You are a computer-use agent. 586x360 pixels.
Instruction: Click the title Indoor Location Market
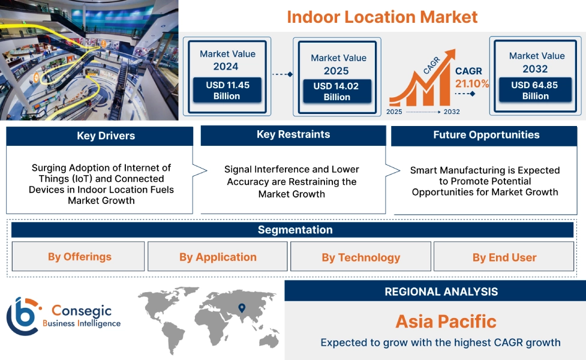tap(382, 16)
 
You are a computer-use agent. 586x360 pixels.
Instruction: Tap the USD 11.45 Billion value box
tap(227, 91)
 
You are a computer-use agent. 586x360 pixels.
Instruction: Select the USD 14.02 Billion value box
tap(336, 91)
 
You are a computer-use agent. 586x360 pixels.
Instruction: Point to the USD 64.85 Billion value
tap(535, 90)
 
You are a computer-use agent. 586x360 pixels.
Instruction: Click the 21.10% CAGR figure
tap(471, 83)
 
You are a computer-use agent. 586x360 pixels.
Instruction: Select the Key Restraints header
tap(293, 134)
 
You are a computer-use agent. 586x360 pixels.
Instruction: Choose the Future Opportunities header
tap(486, 135)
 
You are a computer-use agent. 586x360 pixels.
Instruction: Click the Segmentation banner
tap(294, 230)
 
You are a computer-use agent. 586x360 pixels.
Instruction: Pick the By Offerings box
tap(79, 257)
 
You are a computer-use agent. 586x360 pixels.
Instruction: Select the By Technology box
tap(360, 257)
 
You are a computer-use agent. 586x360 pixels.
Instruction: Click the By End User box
tap(504, 257)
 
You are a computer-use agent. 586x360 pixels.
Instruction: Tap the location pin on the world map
tap(242, 308)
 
